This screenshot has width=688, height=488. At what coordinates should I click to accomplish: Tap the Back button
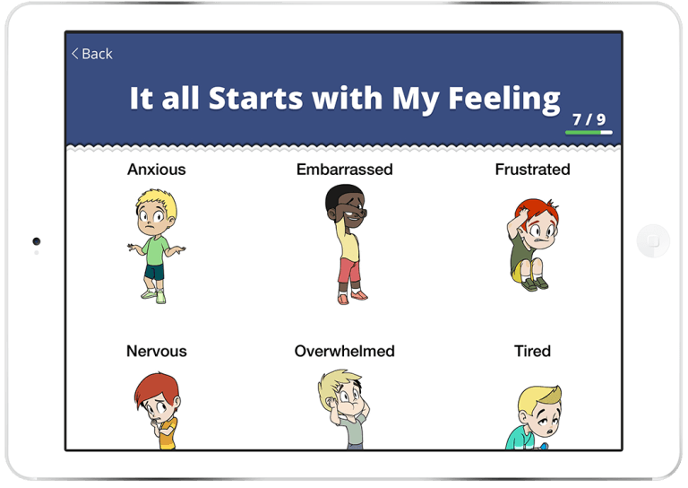click(x=92, y=54)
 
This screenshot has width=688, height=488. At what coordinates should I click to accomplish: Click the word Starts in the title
click(x=255, y=98)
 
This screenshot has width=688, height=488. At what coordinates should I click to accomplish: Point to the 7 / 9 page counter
click(x=589, y=119)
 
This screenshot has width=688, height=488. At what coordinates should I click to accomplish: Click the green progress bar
click(x=583, y=132)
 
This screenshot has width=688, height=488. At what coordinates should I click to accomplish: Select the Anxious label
click(x=157, y=170)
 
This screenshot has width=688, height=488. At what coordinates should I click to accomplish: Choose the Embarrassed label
click(x=344, y=170)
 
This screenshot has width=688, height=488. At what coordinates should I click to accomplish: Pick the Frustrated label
click(x=533, y=170)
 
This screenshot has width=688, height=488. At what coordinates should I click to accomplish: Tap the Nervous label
click(x=157, y=352)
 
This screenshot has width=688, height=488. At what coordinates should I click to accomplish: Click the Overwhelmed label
click(x=344, y=352)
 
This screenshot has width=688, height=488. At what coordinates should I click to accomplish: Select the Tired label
click(x=533, y=352)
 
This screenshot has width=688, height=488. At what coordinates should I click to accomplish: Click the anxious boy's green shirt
click(x=155, y=250)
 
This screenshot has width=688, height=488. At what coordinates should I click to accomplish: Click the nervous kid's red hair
click(x=156, y=387)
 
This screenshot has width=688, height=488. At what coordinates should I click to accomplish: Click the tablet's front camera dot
click(x=37, y=241)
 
